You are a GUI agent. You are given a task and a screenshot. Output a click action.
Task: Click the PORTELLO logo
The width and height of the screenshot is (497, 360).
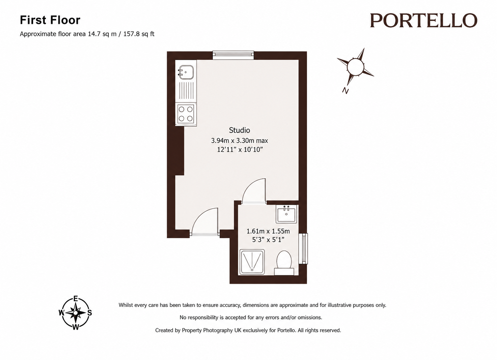click(x=424, y=21)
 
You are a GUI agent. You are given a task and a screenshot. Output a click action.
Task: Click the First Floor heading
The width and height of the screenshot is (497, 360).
click(x=50, y=20)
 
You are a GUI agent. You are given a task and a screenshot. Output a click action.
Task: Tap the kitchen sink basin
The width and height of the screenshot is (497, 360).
click(x=186, y=72)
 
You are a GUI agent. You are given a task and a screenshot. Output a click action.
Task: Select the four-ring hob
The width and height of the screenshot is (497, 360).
click(x=186, y=114)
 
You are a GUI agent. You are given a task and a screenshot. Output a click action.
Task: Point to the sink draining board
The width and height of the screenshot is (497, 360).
click(x=186, y=90)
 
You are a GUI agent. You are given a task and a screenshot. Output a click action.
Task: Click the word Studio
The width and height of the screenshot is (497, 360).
click(x=240, y=130)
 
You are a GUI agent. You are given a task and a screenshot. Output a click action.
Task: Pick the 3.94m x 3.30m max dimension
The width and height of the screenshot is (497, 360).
click(x=240, y=141)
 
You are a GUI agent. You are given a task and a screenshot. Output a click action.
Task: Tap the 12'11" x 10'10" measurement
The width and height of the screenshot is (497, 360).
click(x=240, y=150)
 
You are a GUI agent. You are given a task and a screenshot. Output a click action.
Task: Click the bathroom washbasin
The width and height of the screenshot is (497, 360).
click(x=286, y=214)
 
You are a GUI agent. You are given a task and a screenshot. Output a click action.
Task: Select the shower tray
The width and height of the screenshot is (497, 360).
click(x=252, y=262)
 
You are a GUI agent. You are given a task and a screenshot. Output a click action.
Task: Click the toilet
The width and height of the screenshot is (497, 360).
click(x=284, y=263)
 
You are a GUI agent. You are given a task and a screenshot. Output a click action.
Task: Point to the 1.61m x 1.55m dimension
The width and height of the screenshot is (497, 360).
click(x=268, y=231)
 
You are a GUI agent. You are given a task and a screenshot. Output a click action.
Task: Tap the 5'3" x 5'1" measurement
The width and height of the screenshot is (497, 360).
click(x=268, y=240)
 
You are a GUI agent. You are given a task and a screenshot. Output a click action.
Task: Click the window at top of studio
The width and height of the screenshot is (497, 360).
click(x=233, y=55)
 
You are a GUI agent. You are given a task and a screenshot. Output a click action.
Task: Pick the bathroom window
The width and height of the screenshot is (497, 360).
click(x=303, y=248)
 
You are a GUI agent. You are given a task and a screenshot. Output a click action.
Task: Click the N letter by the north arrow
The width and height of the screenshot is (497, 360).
click(x=346, y=90)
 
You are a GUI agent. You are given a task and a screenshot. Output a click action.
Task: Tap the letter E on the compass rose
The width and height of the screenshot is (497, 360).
click(x=76, y=299)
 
